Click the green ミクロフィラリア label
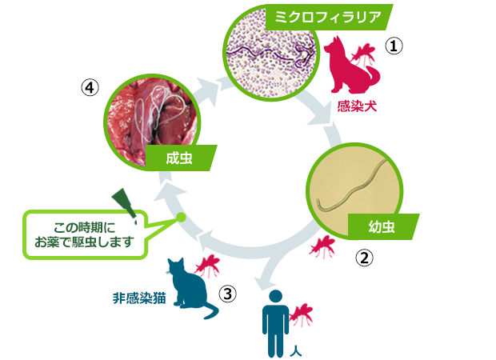coord(329,17)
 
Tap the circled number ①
coord(394,46)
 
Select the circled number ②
coord(365,258)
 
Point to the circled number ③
coord(227,294)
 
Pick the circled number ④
coord(90,87)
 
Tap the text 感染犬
coord(357,106)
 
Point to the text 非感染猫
coord(139,298)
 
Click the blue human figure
coord(275,323)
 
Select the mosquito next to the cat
coord(207,266)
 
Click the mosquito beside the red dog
coord(364,54)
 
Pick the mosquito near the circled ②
coord(322,246)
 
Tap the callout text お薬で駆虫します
coord(83,242)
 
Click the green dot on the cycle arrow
coord(181,217)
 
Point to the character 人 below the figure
coord(296,351)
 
